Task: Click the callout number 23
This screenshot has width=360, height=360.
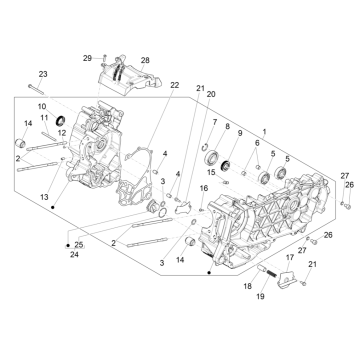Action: pyautogui.click(x=43, y=74)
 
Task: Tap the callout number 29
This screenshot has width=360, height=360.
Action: pyautogui.click(x=87, y=59)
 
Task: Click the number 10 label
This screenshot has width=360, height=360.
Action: pyautogui.click(x=42, y=106)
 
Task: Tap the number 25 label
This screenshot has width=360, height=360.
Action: pyautogui.click(x=80, y=244)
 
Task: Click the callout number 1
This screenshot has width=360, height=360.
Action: pyautogui.click(x=264, y=133)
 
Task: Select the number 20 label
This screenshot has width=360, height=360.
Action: pyautogui.click(x=210, y=93)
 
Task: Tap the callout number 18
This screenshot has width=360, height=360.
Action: pyautogui.click(x=247, y=286)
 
